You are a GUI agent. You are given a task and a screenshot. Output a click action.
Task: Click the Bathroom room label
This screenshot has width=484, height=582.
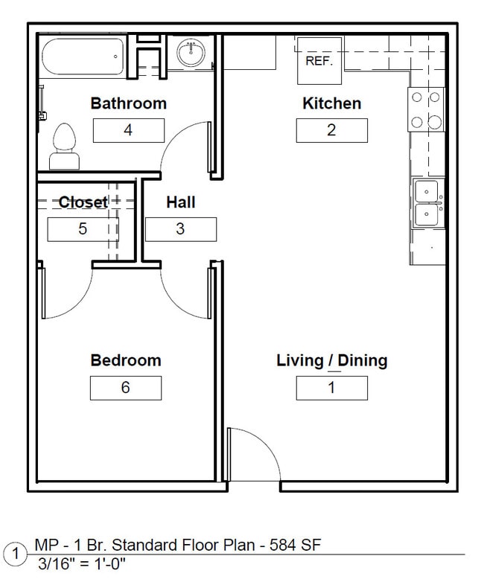pos(128,103)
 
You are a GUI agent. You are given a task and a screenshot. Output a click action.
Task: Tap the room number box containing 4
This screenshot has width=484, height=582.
pos(128,130)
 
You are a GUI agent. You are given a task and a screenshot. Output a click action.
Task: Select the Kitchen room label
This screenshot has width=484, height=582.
pos(331,103)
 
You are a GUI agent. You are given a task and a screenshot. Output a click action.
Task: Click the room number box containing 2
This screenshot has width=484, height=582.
pos(331,130)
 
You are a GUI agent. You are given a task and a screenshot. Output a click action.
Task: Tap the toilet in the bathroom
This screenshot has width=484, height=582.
pos(65,146)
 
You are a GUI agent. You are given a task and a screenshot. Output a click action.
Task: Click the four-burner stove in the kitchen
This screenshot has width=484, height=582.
pos(426,109)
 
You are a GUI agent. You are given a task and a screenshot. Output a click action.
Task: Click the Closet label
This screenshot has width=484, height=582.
pos(83,202)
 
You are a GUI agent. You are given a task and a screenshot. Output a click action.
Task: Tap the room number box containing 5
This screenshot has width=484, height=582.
pos(83,228)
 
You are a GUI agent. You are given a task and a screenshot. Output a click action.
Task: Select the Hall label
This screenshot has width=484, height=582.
pos(180,202)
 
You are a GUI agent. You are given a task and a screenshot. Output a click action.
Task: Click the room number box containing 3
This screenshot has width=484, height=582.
pos(180,228)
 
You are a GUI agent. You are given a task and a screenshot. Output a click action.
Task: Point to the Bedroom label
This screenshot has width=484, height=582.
pos(125,360)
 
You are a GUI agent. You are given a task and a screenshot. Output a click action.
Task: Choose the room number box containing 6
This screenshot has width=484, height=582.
pos(125,388)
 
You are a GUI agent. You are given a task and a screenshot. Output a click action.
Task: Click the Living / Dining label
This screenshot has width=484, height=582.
pos(331,360)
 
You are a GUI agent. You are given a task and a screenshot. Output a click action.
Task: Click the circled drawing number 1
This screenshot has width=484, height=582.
pos(13,554)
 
